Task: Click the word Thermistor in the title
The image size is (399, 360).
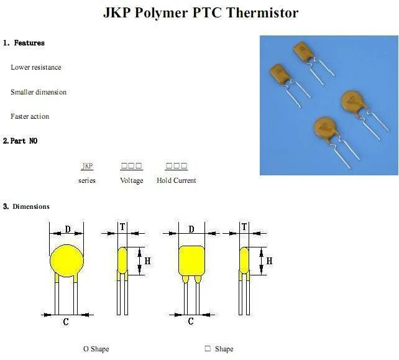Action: [x=262, y=12]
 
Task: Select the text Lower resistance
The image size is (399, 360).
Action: [x=36, y=67]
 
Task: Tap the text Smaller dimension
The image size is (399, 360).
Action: [x=39, y=92]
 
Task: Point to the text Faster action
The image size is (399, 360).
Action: [x=30, y=116]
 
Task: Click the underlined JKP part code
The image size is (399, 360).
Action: [x=87, y=166]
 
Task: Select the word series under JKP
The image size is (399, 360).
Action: [x=87, y=180]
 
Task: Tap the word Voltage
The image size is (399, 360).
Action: [x=131, y=180]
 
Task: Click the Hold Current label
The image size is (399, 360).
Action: [x=176, y=180]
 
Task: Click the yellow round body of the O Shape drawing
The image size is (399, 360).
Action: [x=67, y=261]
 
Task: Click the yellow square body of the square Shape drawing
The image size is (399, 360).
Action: [x=191, y=261]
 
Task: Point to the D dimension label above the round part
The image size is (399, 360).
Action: [x=67, y=230]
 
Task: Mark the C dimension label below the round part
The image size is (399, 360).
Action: [x=66, y=321]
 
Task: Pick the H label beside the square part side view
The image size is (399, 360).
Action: [x=269, y=261]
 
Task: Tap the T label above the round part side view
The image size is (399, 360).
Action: [x=122, y=228]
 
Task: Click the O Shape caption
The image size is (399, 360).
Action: [x=96, y=349]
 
